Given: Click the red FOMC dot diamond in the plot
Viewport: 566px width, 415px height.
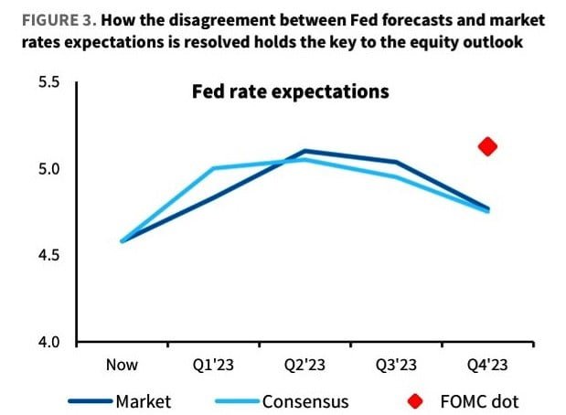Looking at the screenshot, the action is tap(487, 146).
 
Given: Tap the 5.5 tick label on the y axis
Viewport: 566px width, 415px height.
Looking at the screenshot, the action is tap(48, 82).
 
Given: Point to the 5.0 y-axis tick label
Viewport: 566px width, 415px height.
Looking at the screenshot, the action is tap(48, 168).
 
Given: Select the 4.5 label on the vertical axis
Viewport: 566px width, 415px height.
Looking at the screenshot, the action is tap(48, 255).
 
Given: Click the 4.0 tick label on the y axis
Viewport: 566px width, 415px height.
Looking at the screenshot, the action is tap(48, 342).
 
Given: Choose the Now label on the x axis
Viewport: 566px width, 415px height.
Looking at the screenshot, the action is tap(122, 365).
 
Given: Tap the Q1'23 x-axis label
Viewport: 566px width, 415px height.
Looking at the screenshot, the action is tap(213, 365).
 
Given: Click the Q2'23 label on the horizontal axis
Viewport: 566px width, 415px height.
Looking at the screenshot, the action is tap(305, 365).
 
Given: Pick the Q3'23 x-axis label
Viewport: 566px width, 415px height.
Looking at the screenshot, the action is tap(396, 365).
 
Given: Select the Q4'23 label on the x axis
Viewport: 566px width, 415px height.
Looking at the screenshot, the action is tap(487, 365).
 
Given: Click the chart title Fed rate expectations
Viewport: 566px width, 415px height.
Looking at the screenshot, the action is tap(291, 91).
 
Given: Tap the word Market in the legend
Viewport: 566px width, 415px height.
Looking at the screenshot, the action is tap(144, 401).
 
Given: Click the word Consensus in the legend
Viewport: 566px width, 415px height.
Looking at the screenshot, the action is tap(305, 401).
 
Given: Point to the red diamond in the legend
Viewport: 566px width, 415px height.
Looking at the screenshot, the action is tap(415, 401).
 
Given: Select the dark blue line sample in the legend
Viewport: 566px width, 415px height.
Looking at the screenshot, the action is tap(91, 401).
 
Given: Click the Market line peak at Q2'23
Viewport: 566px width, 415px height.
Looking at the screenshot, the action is tap(305, 151).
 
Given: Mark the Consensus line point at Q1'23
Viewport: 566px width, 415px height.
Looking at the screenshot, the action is tap(214, 168).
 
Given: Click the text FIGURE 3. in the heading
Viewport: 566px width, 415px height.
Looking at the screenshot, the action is tap(59, 20).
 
